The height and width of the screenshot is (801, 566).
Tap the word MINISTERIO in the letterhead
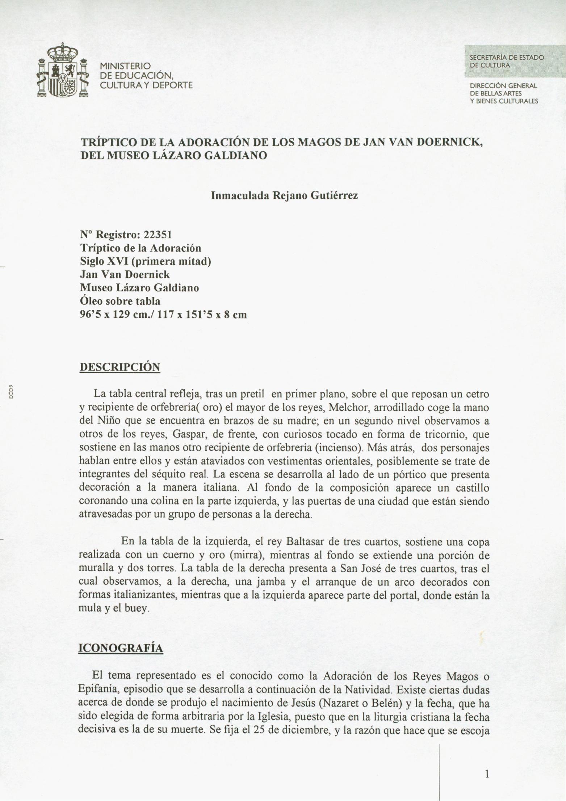point(125,66)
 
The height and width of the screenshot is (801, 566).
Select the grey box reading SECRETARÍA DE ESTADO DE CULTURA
point(514,61)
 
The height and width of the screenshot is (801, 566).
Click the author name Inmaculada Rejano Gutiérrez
point(284,196)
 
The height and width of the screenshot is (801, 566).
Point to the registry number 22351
point(158,235)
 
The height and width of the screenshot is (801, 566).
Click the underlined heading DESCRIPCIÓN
point(120,367)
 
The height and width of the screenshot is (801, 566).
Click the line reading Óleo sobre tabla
point(120,301)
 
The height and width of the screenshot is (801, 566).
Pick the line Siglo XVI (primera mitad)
point(145,261)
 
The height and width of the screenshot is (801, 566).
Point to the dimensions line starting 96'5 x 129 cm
point(163,315)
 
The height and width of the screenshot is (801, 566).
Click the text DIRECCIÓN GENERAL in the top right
point(503,86)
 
